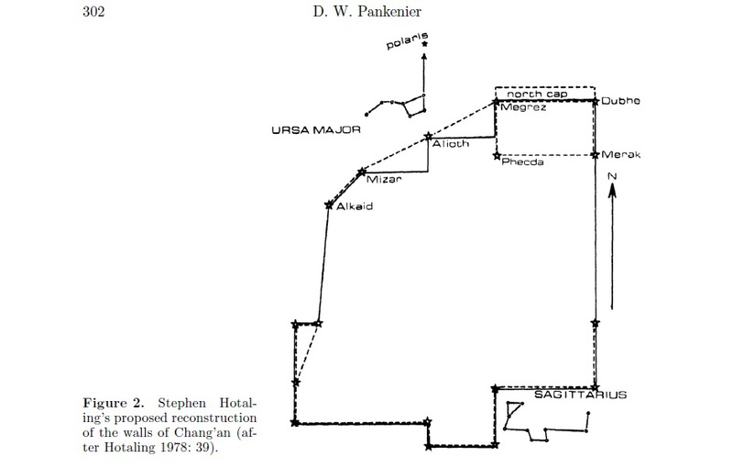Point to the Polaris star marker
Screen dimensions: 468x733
coord(424,44)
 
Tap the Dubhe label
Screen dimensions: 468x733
coord(619,102)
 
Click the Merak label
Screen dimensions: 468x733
coord(620,154)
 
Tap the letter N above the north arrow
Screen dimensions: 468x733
coord(613,175)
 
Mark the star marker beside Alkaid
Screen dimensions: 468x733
coord(328,205)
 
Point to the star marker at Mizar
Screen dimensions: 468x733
coord(362,172)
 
